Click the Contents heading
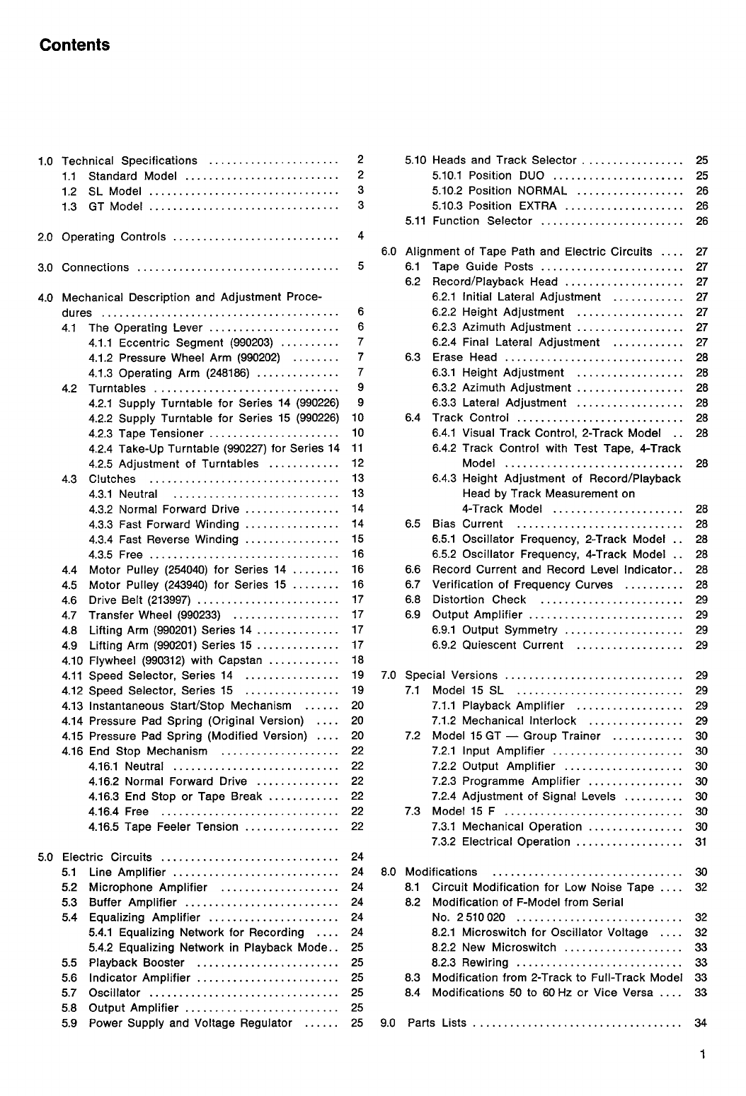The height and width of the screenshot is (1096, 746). tap(74, 45)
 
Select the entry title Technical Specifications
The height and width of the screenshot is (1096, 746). tap(130, 161)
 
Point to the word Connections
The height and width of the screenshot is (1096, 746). tap(96, 267)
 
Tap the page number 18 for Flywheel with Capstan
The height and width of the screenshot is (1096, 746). tap(357, 660)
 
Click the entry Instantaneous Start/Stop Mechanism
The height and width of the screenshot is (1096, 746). tap(190, 706)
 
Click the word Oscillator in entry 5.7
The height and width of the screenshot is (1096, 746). tap(115, 993)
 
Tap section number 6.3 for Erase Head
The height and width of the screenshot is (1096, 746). tap(413, 358)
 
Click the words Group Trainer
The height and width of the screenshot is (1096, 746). tap(561, 736)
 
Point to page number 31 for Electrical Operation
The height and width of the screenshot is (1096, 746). tap(701, 842)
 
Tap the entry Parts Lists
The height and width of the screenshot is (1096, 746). tap(437, 1023)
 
